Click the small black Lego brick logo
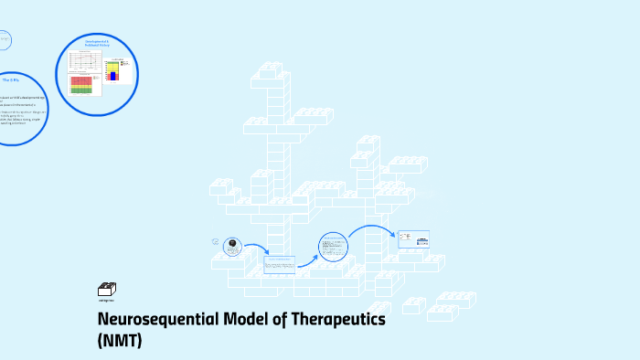[106, 290]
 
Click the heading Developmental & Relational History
[97, 43]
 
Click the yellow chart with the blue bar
[114, 69]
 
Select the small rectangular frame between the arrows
[279, 264]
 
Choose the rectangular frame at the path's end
[413, 238]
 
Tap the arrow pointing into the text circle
[308, 257]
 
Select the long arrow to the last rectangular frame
[373, 228]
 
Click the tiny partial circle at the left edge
[4, 40]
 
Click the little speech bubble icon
[215, 242]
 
